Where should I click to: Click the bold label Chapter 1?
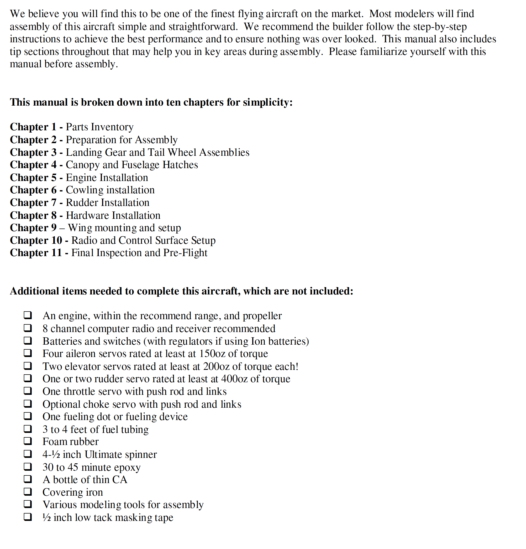pyautogui.click(x=33, y=127)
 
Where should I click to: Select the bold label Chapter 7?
pyautogui.click(x=33, y=203)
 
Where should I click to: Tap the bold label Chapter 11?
pyautogui.click(x=36, y=253)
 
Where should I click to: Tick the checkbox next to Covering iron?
pyautogui.click(x=28, y=492)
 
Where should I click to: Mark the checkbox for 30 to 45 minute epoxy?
pyautogui.click(x=28, y=467)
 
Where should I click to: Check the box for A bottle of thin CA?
pyautogui.click(x=28, y=479)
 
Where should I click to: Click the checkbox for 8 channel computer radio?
pyautogui.click(x=28, y=328)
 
